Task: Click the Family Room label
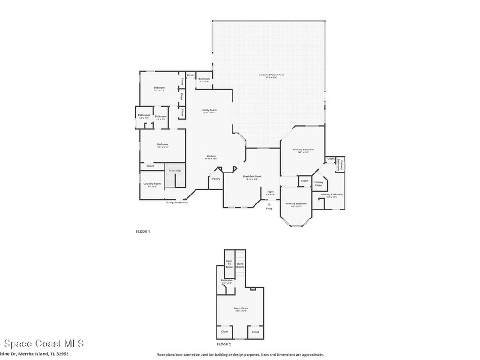click(209, 110)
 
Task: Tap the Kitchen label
click(211, 156)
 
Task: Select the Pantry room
click(216, 179)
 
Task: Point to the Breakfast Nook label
click(252, 177)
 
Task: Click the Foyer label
click(270, 192)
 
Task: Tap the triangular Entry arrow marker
click(269, 203)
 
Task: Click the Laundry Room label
click(152, 184)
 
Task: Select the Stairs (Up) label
click(175, 170)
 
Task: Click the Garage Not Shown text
click(177, 202)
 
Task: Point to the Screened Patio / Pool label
click(272, 75)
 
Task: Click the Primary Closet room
click(319, 184)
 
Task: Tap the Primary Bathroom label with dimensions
click(331, 195)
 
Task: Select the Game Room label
click(240, 308)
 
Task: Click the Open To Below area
click(229, 263)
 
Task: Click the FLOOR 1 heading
click(142, 231)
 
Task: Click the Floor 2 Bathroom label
click(226, 281)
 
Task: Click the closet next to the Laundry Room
click(150, 166)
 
